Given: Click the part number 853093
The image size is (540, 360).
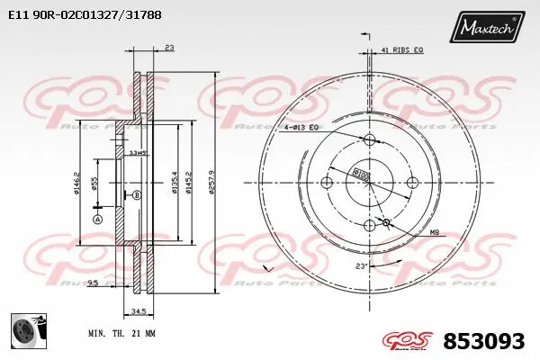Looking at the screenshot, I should coord(486,341).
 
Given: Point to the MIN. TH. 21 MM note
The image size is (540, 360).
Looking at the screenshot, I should coord(121,333).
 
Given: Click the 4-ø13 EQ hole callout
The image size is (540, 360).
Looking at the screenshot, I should coord(301,128).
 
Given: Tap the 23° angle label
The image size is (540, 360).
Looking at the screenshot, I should coord(362,266).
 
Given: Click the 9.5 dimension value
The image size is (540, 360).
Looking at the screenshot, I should coord(94,283).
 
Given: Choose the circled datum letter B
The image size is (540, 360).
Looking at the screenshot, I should coord(137,194).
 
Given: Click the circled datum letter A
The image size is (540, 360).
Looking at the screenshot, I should coord(97,219).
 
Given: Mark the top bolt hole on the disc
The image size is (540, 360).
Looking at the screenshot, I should coord(368,139).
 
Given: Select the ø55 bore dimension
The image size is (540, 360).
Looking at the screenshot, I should coord(94,184).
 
